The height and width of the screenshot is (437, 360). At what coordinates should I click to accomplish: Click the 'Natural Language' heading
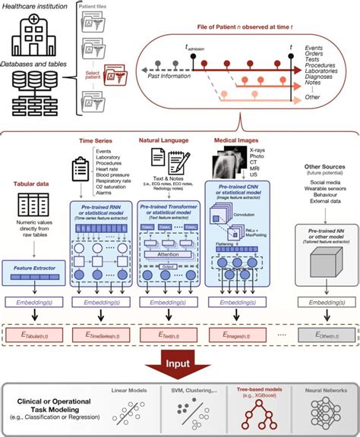165,140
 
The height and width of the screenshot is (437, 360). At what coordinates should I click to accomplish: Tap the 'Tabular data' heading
33,184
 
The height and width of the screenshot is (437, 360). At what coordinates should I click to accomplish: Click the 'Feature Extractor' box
33,266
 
